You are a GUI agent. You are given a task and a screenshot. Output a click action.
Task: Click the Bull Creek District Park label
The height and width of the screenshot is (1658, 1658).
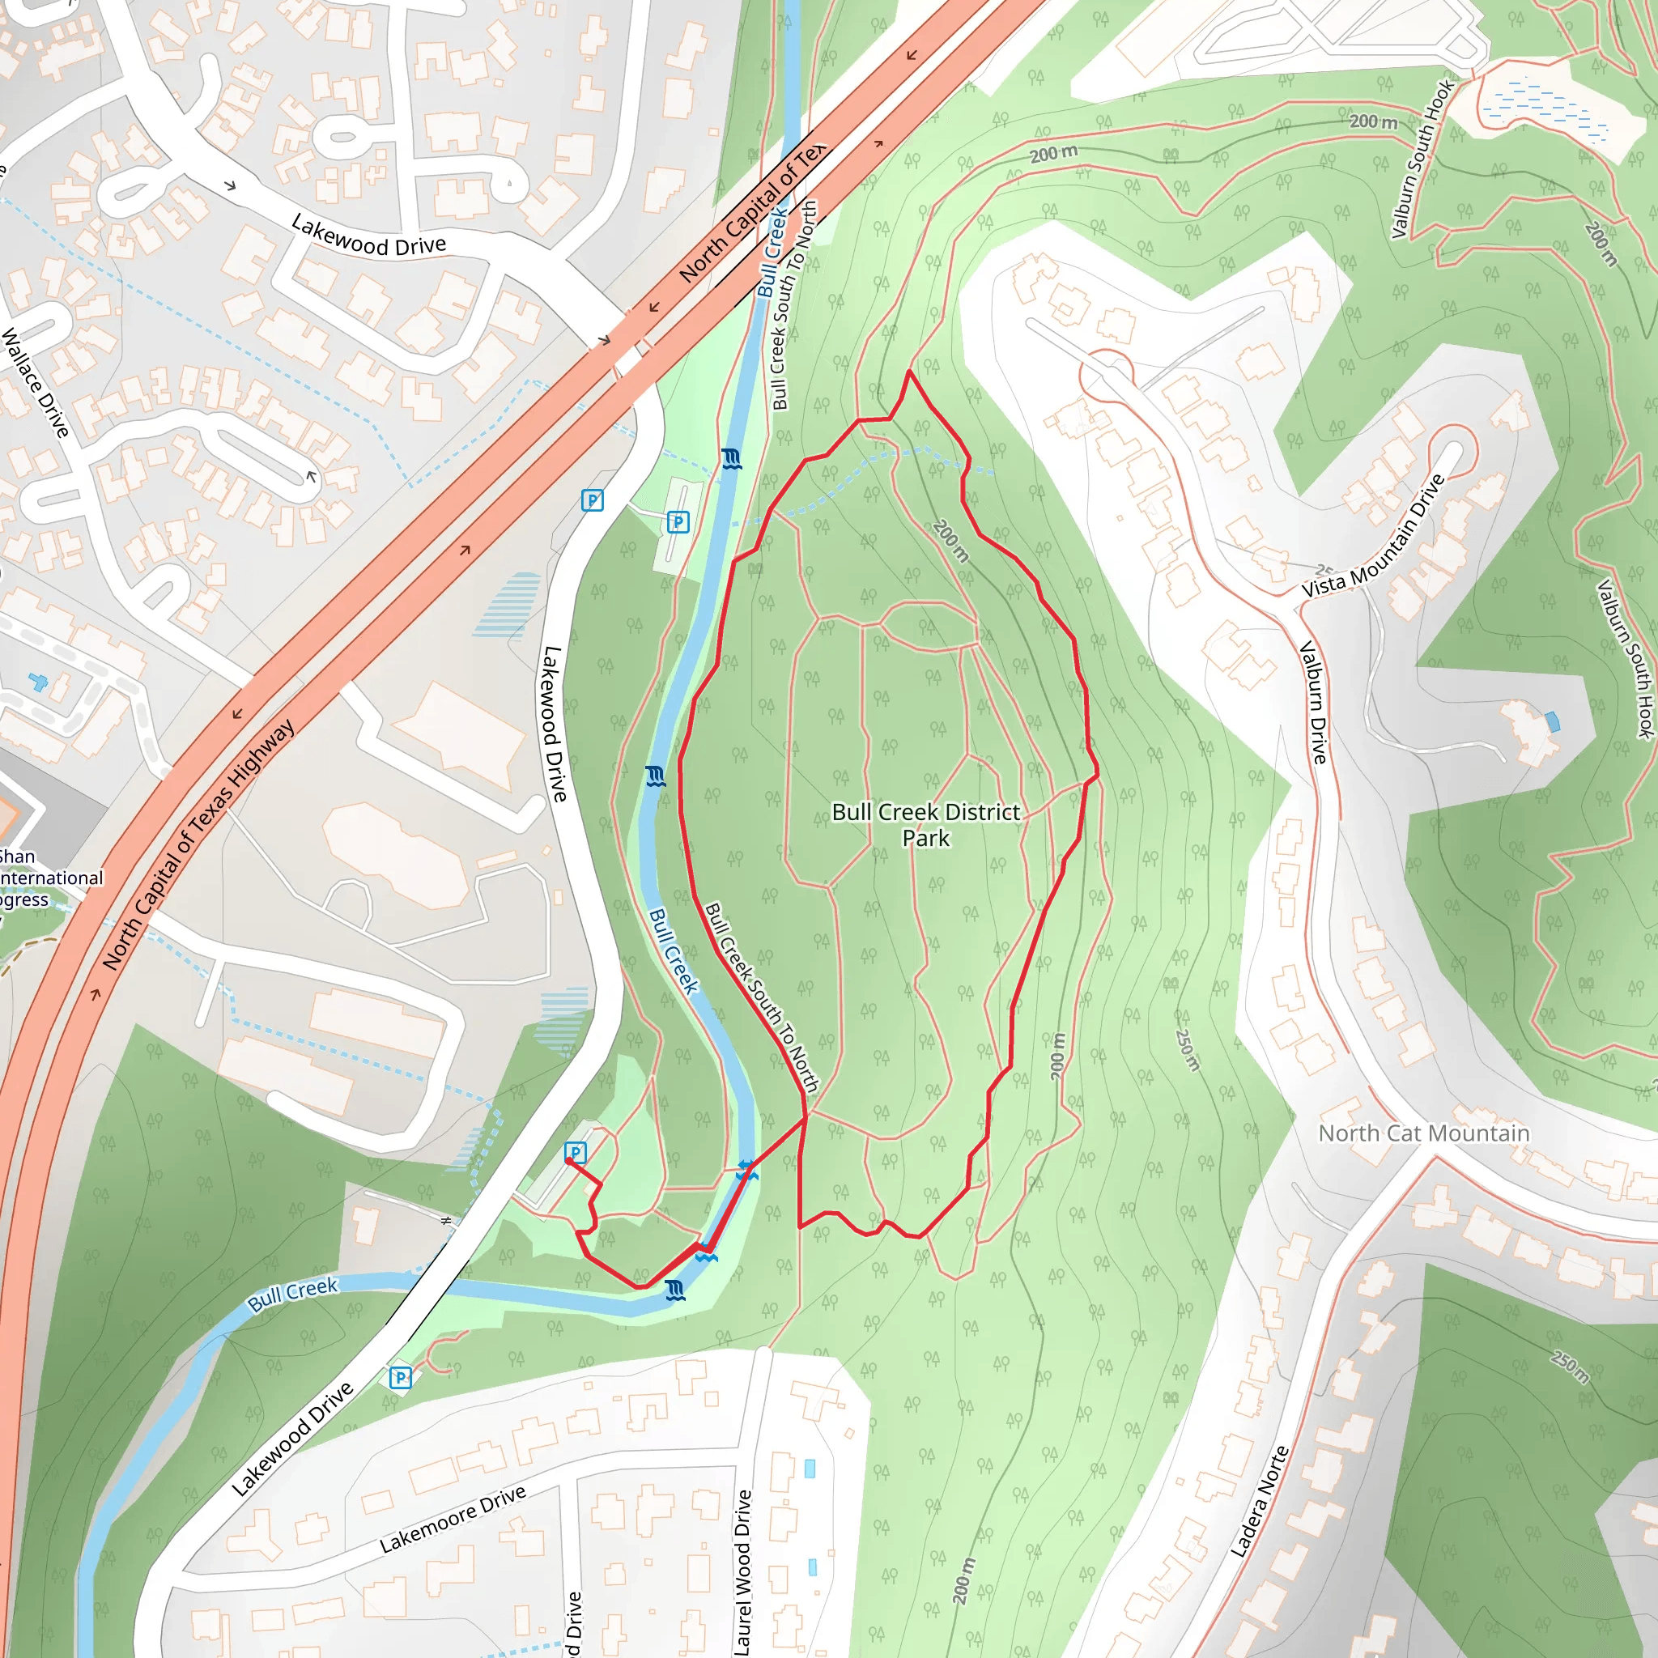[926, 825]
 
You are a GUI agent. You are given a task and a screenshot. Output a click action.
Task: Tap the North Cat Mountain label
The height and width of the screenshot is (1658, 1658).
[1424, 1133]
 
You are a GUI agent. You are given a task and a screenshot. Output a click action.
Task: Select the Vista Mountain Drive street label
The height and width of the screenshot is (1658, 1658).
[1374, 537]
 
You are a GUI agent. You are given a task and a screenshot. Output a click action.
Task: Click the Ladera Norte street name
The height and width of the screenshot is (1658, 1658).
[1259, 1502]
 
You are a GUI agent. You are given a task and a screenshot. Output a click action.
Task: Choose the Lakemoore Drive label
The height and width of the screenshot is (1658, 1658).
[453, 1520]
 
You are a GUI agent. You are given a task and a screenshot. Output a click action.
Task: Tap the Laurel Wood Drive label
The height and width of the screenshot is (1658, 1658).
[743, 1571]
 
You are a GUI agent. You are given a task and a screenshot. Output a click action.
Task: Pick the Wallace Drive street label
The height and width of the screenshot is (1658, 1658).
[35, 383]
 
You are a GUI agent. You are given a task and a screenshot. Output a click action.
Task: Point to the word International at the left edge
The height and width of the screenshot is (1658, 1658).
[52, 878]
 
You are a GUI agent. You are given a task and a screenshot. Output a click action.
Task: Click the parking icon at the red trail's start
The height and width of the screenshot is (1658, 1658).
[575, 1153]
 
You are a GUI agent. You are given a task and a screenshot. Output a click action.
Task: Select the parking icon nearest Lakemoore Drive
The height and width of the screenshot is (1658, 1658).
[400, 1378]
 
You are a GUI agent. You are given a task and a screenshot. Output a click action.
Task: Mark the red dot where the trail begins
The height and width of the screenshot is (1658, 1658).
[569, 1161]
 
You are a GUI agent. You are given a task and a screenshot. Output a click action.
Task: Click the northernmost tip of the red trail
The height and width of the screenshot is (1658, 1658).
[910, 372]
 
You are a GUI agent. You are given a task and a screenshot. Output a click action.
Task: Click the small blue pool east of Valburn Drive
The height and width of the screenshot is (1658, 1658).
[1552, 721]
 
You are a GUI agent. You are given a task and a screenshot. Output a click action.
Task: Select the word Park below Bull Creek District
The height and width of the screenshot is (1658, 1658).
[926, 839]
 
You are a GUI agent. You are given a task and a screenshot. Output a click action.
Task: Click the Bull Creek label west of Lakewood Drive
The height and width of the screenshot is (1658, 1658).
[292, 1295]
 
